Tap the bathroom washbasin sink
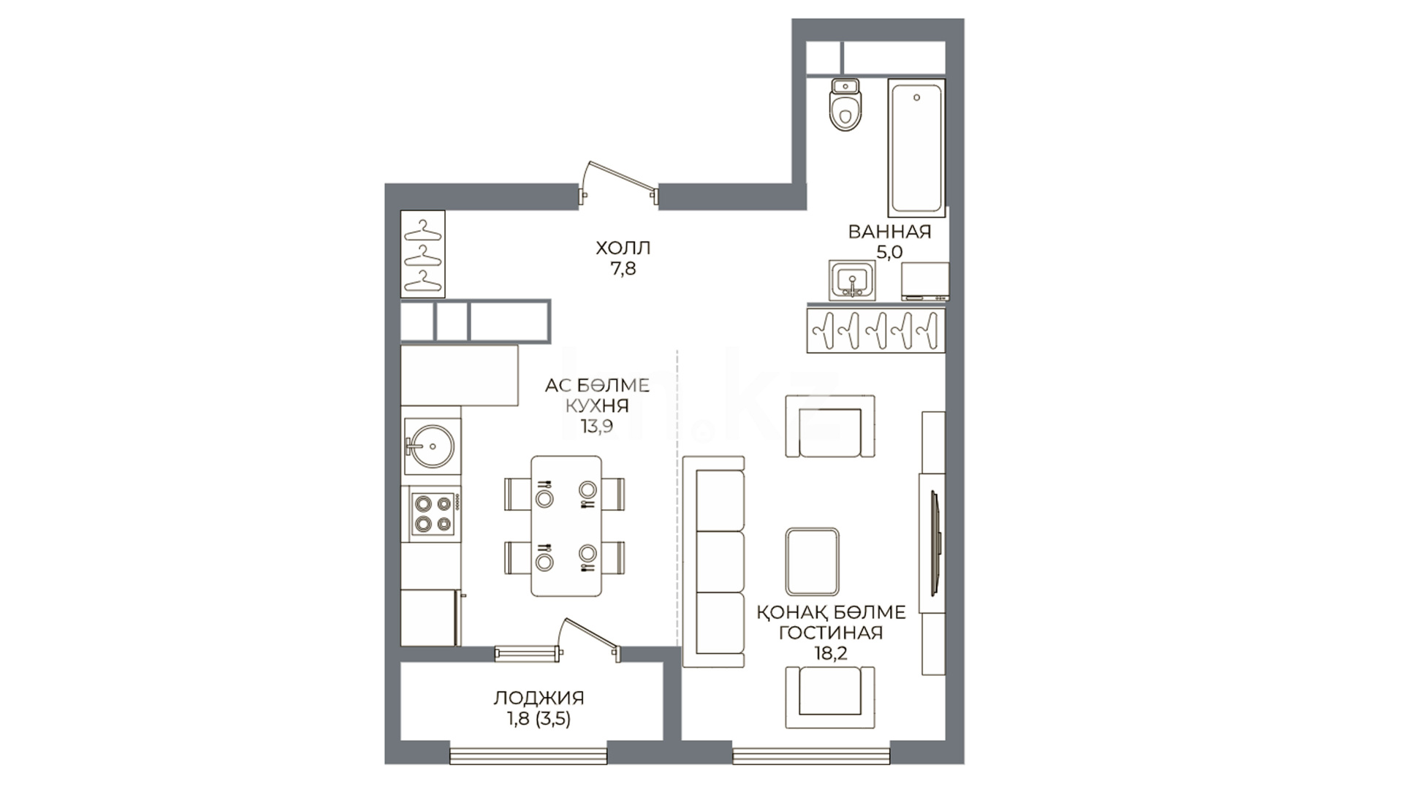click(x=851, y=280)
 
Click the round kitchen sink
click(x=430, y=445)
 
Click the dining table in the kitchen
click(x=566, y=526)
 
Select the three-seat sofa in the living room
click(x=713, y=562)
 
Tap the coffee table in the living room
click(x=812, y=562)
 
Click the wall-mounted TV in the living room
click(x=935, y=541)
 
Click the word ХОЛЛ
click(x=623, y=248)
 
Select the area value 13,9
click(x=597, y=427)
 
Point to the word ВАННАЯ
click(x=889, y=232)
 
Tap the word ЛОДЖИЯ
click(x=539, y=698)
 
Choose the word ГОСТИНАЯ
click(x=831, y=633)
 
